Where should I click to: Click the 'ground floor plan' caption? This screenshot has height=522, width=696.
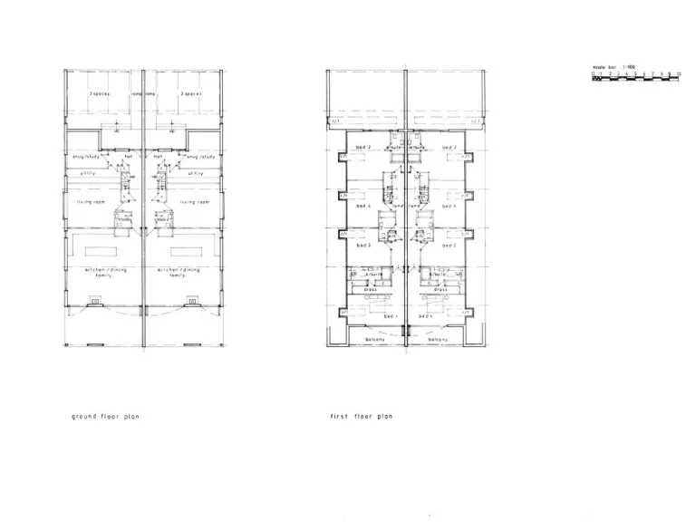click(101, 418)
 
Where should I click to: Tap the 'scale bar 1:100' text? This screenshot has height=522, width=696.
click(613, 68)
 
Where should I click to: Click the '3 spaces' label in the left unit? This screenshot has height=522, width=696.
click(100, 93)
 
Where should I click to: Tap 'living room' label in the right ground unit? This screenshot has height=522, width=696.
click(195, 202)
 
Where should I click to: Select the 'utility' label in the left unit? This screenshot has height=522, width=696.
click(88, 172)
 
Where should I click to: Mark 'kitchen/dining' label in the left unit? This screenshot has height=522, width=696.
click(100, 269)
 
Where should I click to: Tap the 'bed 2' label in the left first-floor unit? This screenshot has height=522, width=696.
click(362, 147)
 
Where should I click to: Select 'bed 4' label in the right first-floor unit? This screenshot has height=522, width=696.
click(448, 205)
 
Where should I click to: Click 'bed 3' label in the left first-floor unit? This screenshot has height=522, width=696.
click(362, 246)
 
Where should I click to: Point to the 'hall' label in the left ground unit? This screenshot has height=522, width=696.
click(129, 156)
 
